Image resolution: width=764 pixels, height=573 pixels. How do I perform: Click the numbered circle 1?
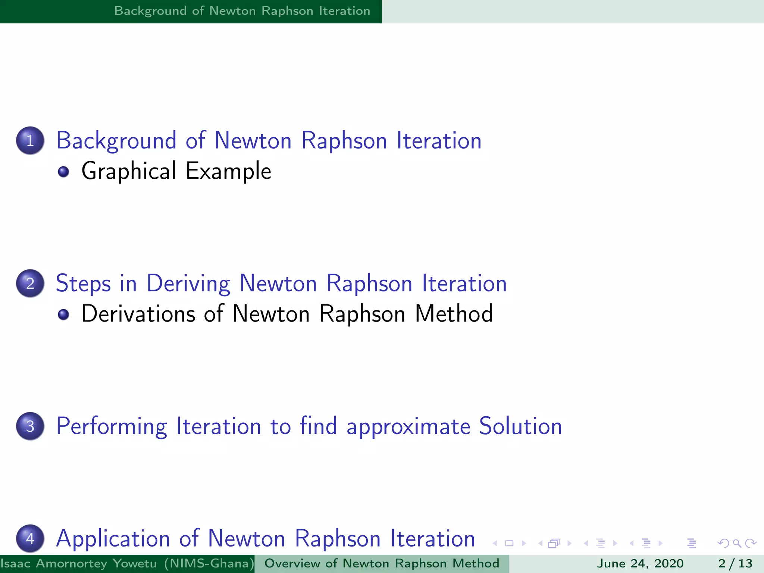click(30, 141)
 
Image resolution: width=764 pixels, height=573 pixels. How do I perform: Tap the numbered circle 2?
click(30, 284)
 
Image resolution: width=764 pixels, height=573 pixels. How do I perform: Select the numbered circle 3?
click(30, 426)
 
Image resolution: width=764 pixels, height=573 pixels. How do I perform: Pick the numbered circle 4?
click(30, 539)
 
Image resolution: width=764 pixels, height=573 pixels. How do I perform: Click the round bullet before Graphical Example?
click(63, 172)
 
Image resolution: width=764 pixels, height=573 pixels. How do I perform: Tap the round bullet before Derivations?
click(63, 314)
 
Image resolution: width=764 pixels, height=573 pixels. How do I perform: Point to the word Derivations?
click(138, 314)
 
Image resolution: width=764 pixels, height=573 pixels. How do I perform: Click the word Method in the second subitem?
click(454, 314)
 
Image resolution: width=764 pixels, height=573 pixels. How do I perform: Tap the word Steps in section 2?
click(83, 284)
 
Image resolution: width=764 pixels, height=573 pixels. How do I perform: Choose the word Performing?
click(112, 426)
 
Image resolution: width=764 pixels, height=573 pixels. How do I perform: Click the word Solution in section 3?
click(520, 426)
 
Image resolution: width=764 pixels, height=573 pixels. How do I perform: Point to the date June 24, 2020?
click(640, 563)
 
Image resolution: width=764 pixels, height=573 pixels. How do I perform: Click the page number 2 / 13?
click(735, 563)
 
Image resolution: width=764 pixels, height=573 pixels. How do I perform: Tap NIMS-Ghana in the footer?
click(209, 563)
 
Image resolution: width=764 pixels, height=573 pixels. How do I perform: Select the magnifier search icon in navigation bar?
click(737, 544)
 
